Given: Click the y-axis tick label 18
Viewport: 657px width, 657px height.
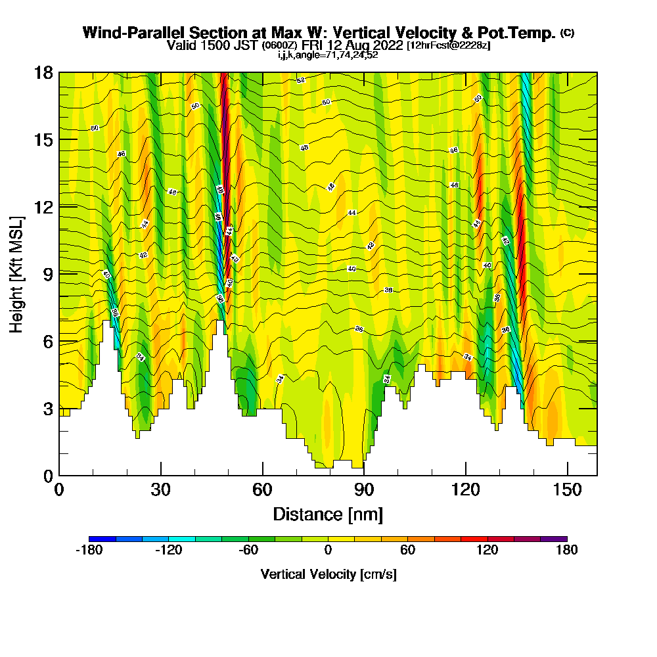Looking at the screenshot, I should pyautogui.click(x=44, y=72).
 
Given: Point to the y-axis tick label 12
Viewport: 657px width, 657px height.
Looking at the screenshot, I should pyautogui.click(x=44, y=206).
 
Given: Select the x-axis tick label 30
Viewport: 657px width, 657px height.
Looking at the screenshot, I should pyautogui.click(x=161, y=490).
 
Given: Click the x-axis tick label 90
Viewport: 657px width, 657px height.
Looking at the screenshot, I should pyautogui.click(x=364, y=490).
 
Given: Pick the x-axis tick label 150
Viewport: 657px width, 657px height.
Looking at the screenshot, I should pyautogui.click(x=567, y=490).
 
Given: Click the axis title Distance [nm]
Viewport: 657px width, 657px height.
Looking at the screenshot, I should pyautogui.click(x=328, y=514).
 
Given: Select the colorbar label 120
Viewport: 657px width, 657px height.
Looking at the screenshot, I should pyautogui.click(x=487, y=551).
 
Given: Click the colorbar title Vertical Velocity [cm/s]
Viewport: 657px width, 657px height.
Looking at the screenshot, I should pyautogui.click(x=328, y=574).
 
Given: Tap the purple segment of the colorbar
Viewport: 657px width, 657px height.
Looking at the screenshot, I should pyautogui.click(x=553, y=539).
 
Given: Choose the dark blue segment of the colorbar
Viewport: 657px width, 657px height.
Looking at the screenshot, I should pyautogui.click(x=102, y=539).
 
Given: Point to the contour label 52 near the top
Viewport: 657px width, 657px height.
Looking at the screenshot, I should pyautogui.click(x=300, y=80).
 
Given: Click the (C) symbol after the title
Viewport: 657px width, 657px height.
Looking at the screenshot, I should pyautogui.click(x=566, y=33).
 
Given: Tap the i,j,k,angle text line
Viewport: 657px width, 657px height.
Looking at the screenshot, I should pyautogui.click(x=328, y=55).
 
